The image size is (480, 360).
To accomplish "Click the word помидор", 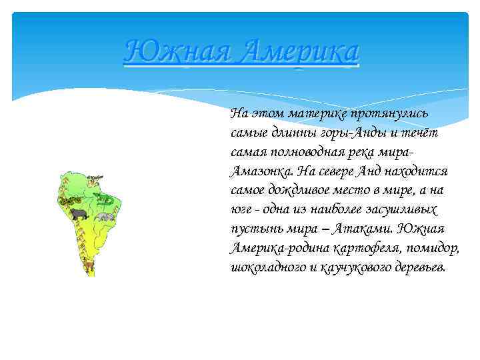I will tap(435, 248).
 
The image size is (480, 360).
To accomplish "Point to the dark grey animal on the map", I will tap(79, 214).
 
